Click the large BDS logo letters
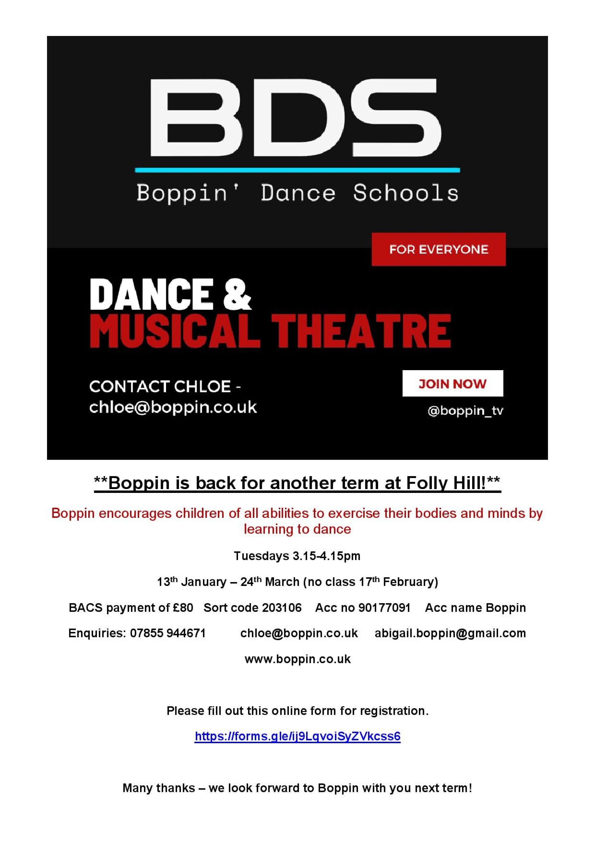pyautogui.click(x=295, y=118)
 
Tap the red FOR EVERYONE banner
pyautogui.click(x=439, y=249)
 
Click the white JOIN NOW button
pyautogui.click(x=452, y=383)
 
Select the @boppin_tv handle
pyautogui.click(x=465, y=411)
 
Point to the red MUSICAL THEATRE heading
pyautogui.click(x=270, y=331)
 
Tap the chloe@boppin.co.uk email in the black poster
pyautogui.click(x=173, y=407)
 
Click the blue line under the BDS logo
pyautogui.click(x=297, y=170)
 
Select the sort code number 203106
pyautogui.click(x=282, y=608)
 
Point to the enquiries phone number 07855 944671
pyautogui.click(x=167, y=633)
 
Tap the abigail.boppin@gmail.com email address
pyautogui.click(x=450, y=633)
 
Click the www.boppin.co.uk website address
pyautogui.click(x=297, y=659)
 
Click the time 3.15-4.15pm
pyautogui.click(x=326, y=556)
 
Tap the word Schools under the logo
pyautogui.click(x=405, y=193)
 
